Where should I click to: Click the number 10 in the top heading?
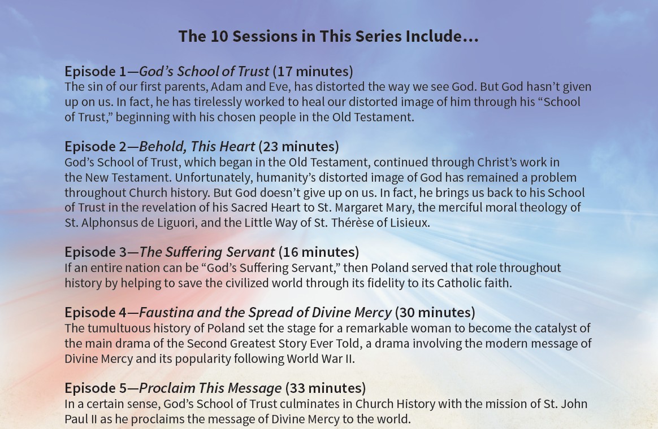point(219,37)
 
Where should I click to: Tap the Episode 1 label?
point(96,72)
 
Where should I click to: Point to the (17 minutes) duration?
point(313,72)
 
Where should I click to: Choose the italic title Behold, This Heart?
point(197,147)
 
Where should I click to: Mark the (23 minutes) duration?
point(299,147)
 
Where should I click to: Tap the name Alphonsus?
point(109,222)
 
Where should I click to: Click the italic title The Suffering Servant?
point(207,252)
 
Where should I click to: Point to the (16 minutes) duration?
point(319,252)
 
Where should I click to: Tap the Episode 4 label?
point(96,313)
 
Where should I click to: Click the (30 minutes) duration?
point(435,313)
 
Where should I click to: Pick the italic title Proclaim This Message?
point(210,388)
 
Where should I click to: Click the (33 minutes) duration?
point(326,388)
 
